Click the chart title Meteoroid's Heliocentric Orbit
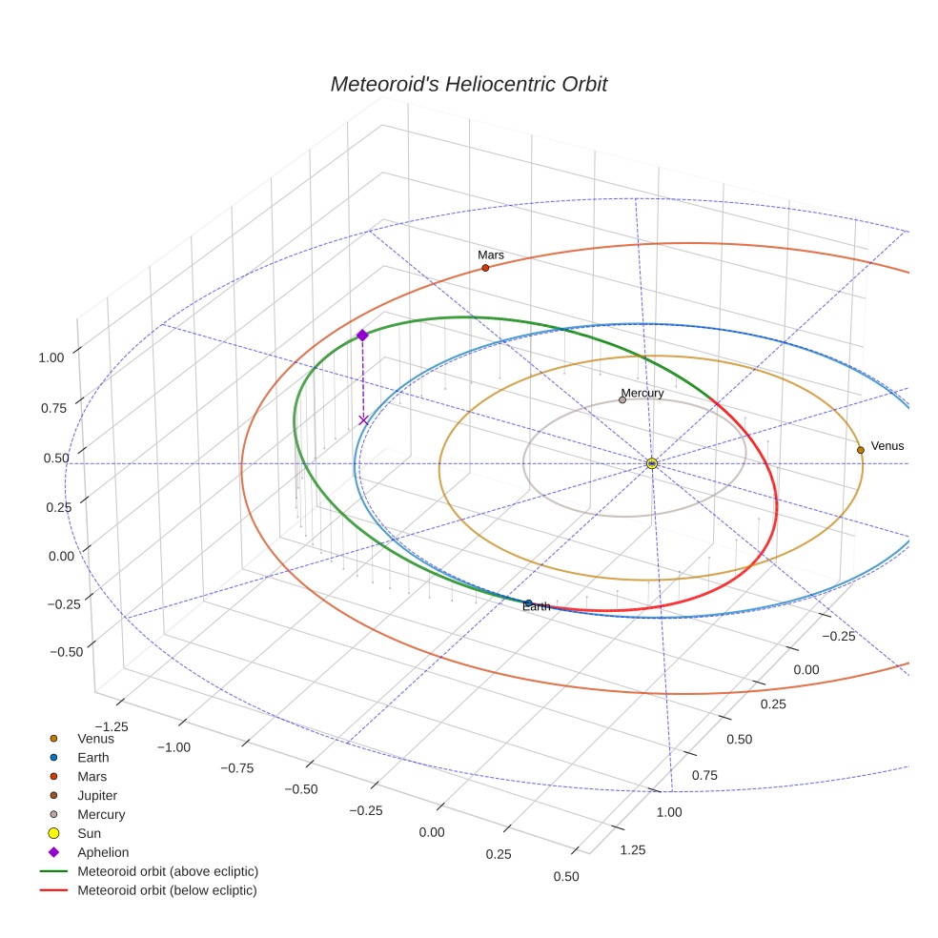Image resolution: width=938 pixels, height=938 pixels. [468, 84]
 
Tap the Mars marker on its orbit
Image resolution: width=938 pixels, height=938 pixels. [485, 268]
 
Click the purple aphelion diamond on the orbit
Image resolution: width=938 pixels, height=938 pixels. [362, 336]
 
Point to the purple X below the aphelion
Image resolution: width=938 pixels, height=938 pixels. [363, 419]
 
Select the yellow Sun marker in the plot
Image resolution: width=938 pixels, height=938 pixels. [652, 463]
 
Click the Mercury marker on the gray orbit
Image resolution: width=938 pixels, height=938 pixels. [622, 400]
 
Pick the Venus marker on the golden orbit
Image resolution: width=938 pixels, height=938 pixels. [861, 450]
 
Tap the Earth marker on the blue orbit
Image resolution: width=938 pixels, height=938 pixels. [529, 602]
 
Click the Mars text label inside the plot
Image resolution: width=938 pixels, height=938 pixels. [491, 255]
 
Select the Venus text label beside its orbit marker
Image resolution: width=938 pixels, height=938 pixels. [887, 446]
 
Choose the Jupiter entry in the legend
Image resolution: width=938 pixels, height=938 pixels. [97, 795]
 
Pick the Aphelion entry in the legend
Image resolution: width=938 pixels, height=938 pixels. [103, 852]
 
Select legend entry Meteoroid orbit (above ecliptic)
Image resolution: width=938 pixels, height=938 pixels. [168, 871]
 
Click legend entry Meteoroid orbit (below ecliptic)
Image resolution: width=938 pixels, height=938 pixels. [168, 890]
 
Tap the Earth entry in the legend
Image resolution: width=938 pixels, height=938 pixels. [93, 758]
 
